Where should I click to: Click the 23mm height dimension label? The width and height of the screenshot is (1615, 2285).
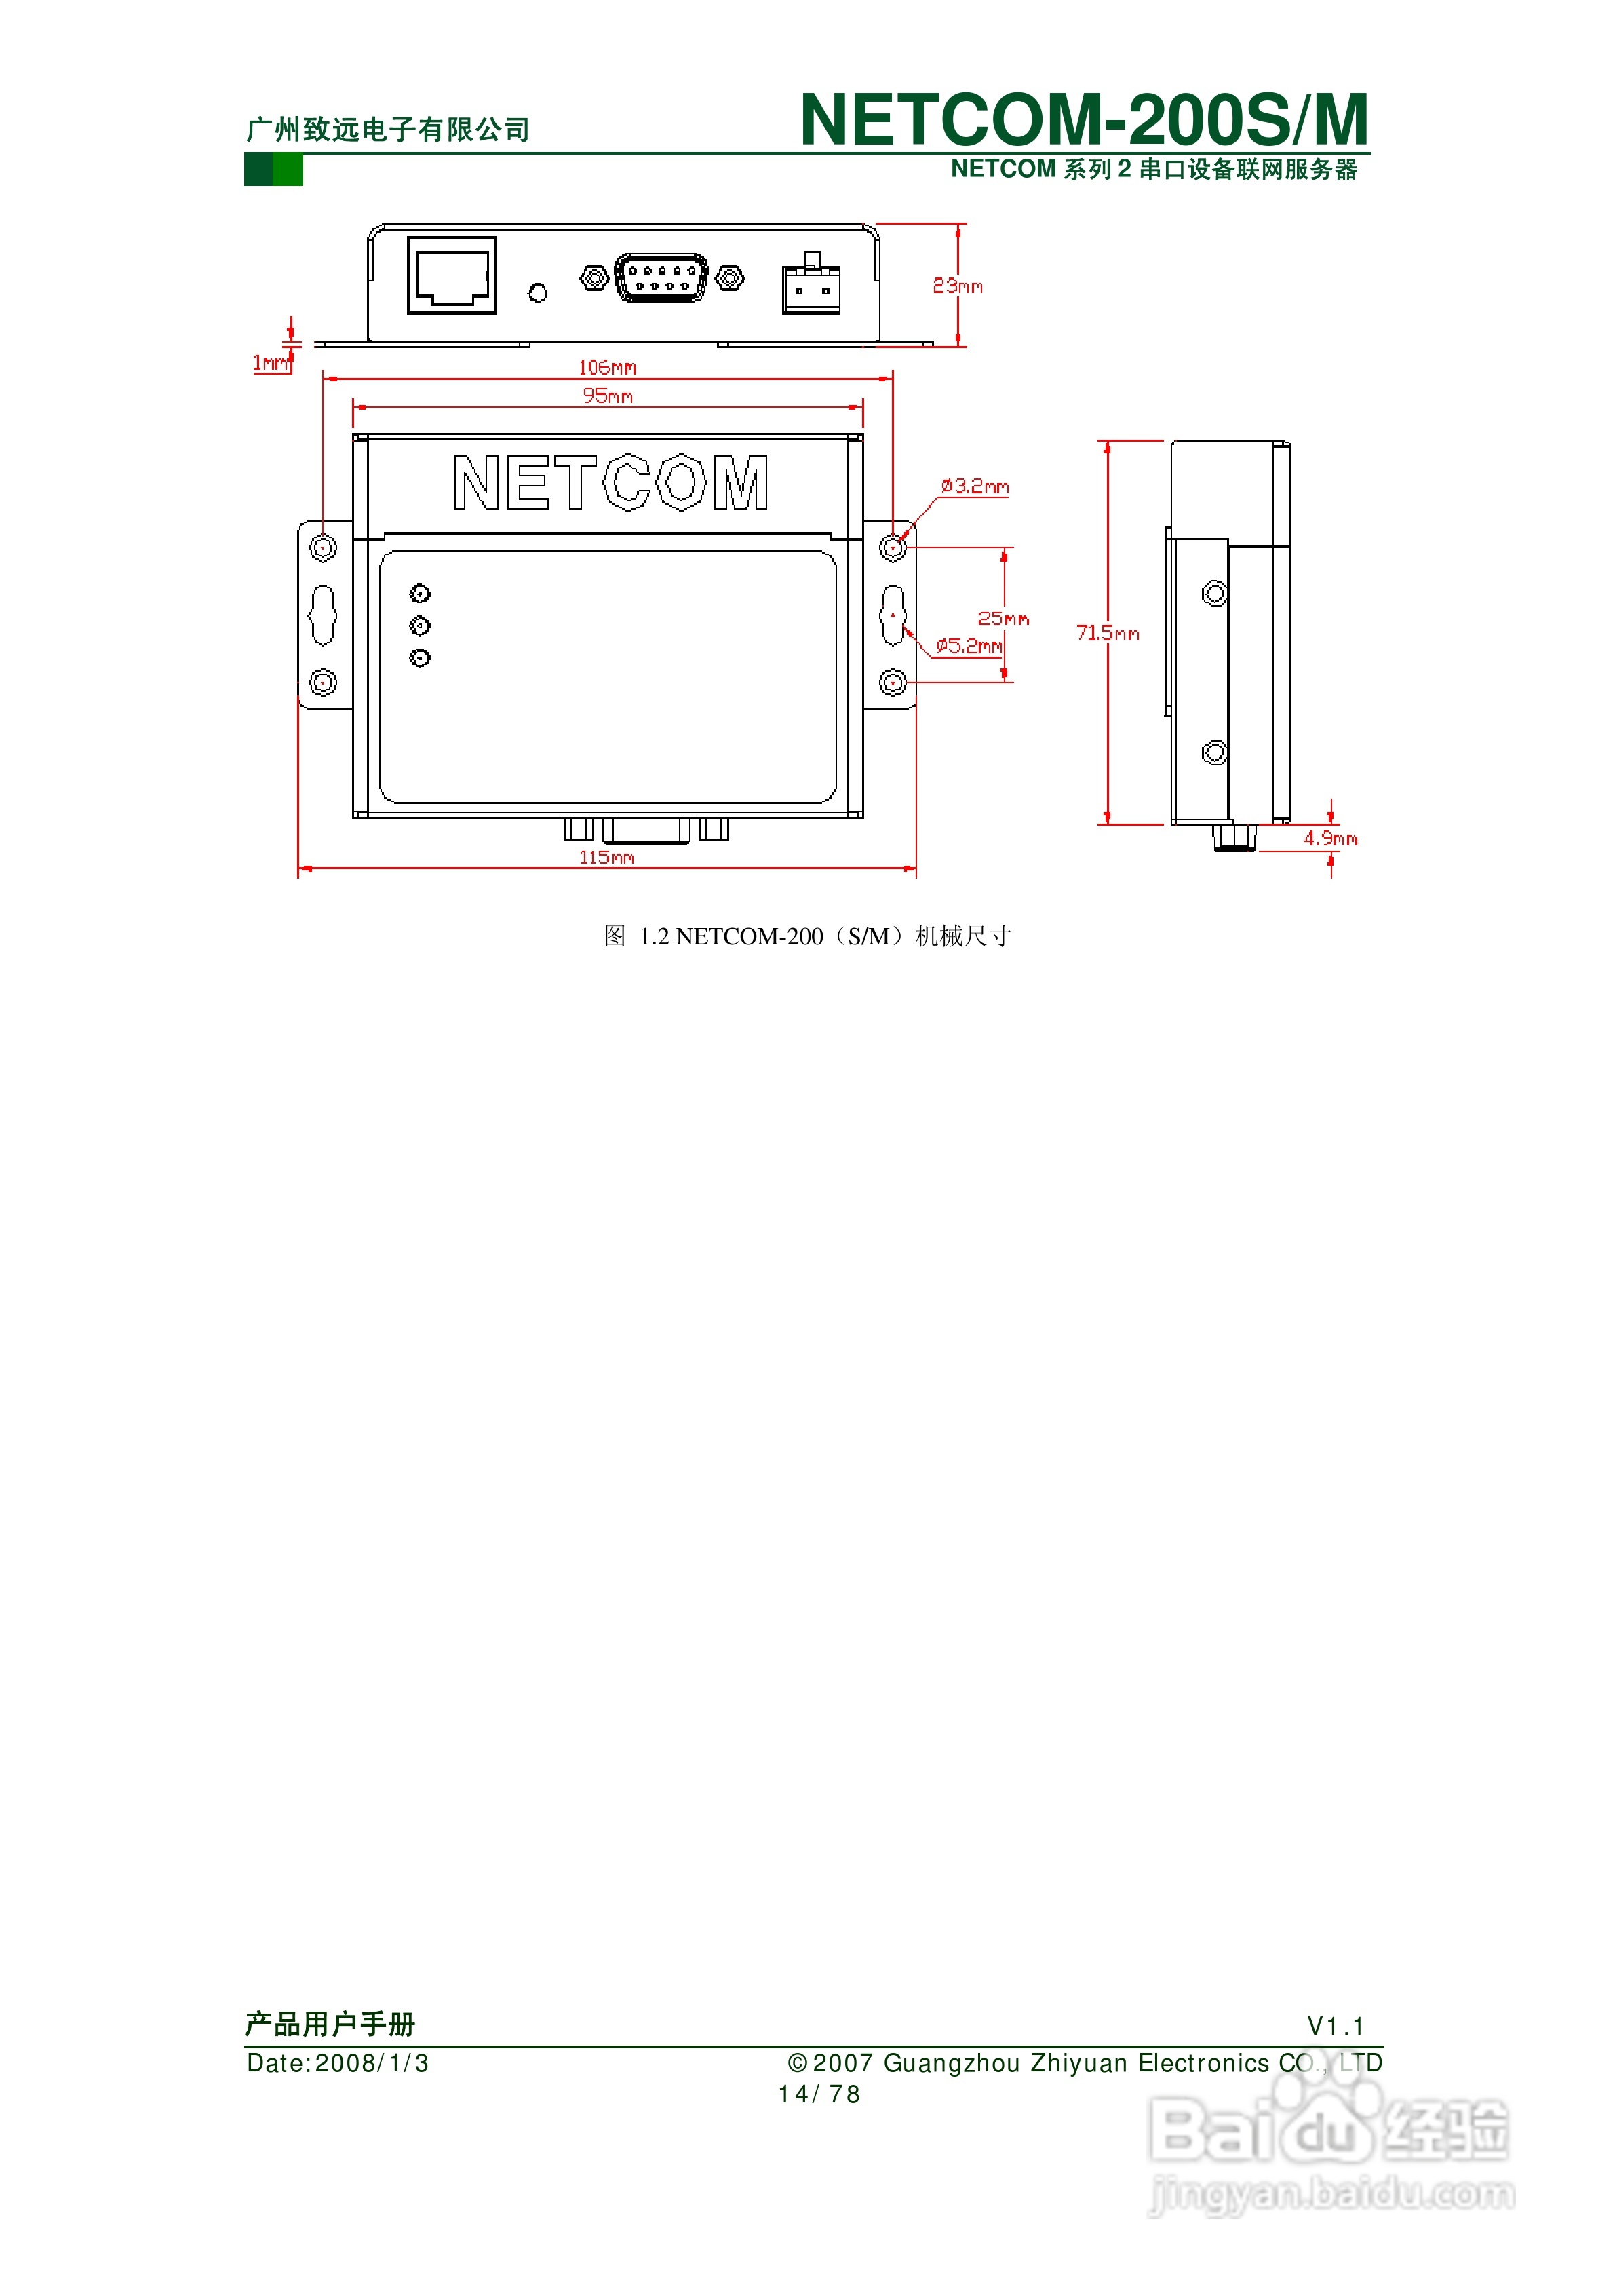tap(956, 286)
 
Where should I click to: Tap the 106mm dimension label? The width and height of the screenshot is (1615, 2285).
tap(607, 367)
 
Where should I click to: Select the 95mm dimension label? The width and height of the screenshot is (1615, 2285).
tap(607, 396)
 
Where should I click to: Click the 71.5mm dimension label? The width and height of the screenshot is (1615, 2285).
tap(1108, 633)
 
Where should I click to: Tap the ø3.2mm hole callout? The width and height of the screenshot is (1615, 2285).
tap(975, 486)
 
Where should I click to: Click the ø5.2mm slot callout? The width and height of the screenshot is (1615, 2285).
tap(968, 646)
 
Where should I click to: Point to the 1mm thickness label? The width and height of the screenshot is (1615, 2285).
tap(270, 362)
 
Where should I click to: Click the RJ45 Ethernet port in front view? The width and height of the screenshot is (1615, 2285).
tap(452, 275)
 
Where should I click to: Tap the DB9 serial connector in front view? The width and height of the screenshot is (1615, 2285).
tap(662, 277)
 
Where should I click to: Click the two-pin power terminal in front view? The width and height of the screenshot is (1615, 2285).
tap(811, 288)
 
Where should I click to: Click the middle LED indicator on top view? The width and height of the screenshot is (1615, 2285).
tap(420, 625)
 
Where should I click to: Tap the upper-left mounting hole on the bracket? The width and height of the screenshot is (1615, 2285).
tap(322, 548)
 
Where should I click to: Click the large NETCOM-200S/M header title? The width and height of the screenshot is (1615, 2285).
tap(1084, 119)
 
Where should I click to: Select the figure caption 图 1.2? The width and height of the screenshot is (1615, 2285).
tap(806, 936)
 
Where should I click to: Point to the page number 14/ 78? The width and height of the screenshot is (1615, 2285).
tap(818, 2094)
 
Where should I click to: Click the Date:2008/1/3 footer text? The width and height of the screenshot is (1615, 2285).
tap(337, 2063)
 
